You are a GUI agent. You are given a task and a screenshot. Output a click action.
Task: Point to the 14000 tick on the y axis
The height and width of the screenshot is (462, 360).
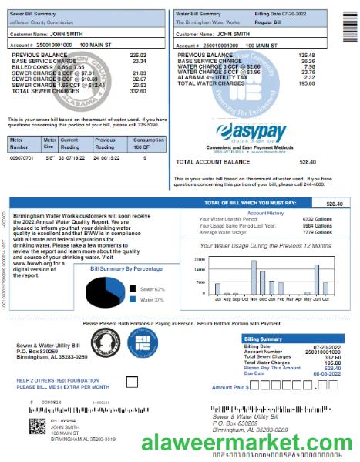click(x=200, y=269)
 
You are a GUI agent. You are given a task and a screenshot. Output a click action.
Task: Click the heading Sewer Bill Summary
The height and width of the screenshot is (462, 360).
click(x=37, y=14)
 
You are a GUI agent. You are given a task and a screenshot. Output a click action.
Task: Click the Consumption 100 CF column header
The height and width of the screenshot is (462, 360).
click(x=148, y=143)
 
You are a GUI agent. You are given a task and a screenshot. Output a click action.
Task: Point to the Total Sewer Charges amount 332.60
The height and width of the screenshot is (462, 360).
click(x=138, y=91)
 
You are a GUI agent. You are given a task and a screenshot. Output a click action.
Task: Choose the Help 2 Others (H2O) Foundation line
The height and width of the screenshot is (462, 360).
click(x=53, y=380)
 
